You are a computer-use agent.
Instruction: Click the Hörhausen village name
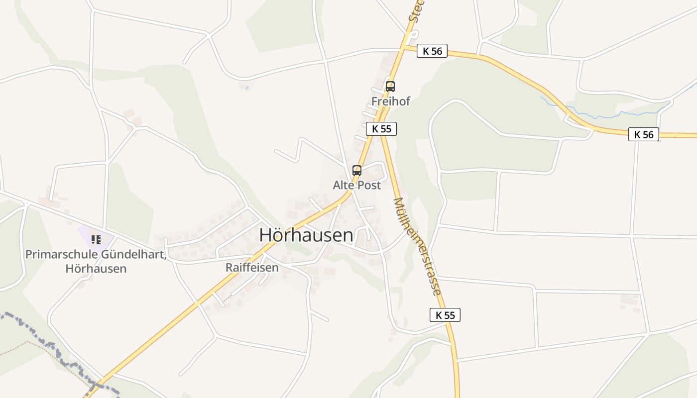[306, 235]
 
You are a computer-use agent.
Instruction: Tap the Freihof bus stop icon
[390, 86]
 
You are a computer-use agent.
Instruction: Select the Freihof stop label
[391, 101]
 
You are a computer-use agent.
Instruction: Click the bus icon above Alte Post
[357, 170]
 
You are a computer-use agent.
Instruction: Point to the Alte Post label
[357, 186]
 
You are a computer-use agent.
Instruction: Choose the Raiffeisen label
[252, 268]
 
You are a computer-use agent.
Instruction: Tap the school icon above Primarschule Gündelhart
[96, 240]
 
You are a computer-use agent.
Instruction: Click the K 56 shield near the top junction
[432, 51]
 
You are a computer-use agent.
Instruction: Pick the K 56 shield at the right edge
[643, 134]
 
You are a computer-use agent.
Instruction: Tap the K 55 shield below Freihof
[381, 129]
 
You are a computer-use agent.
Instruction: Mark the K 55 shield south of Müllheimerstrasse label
[445, 315]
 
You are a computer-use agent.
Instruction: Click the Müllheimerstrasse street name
[417, 246]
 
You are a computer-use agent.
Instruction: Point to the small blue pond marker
[247, 88]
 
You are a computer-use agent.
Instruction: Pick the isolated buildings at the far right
[630, 301]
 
